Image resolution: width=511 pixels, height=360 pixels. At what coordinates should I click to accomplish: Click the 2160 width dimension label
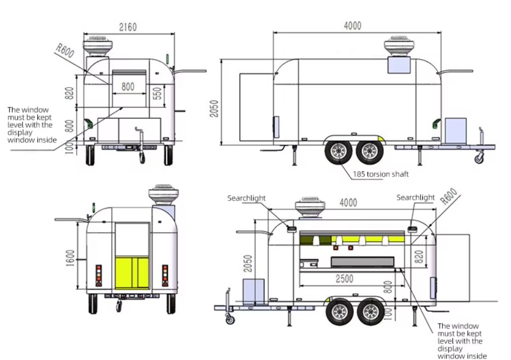[128, 27]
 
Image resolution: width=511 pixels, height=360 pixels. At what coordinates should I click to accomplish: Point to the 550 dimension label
[157, 94]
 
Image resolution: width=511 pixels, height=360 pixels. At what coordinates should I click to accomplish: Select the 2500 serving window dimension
[345, 279]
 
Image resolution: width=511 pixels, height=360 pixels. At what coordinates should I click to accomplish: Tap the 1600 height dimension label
[71, 258]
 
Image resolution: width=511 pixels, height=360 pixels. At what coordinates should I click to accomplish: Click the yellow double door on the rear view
[132, 273]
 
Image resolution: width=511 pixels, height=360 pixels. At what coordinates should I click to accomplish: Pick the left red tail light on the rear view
[99, 276]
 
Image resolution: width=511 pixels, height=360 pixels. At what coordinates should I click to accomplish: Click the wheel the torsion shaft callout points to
[338, 152]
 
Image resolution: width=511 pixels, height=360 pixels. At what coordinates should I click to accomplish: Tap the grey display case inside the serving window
[363, 262]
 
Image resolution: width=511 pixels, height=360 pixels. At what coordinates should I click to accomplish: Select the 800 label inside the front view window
[128, 87]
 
